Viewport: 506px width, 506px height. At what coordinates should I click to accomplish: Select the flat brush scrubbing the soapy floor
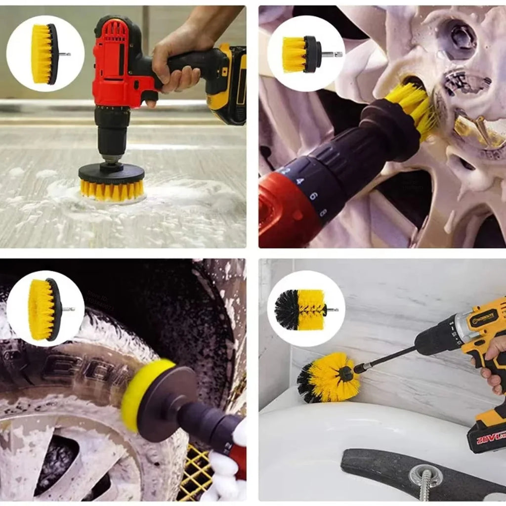point(112,183)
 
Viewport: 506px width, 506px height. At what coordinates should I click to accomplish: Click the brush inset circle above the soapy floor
point(45,54)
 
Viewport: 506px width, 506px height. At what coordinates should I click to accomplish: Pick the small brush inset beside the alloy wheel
point(306,54)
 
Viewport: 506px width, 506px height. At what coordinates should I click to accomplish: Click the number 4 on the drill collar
point(299,181)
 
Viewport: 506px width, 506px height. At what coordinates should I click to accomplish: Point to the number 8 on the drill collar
point(323,212)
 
